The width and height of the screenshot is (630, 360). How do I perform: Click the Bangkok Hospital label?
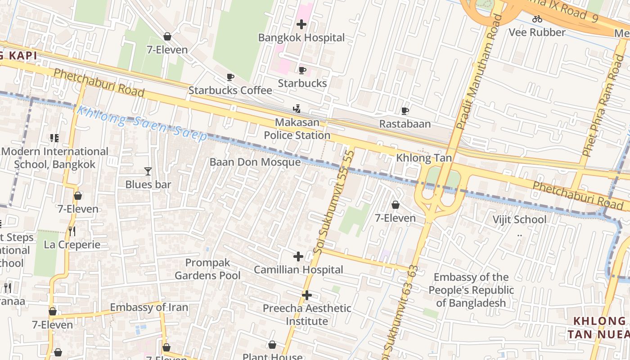coord(301,38)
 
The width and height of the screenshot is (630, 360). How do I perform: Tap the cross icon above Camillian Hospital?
coord(298,257)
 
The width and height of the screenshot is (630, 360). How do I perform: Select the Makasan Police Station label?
coord(297,129)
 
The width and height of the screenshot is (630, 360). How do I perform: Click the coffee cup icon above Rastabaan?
coord(405,111)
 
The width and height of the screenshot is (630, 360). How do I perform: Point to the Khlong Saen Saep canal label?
coord(142,123)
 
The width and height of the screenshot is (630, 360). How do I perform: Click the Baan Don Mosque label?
coord(255,162)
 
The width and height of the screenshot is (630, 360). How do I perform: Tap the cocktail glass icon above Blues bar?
coord(148,171)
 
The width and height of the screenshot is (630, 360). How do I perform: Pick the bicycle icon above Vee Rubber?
coord(537,19)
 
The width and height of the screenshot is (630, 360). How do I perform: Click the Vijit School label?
coord(519,220)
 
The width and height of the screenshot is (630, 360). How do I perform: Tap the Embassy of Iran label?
coord(149,308)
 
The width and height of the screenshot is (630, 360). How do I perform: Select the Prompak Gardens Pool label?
coord(207,269)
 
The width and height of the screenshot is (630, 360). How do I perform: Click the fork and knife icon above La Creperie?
coord(72,231)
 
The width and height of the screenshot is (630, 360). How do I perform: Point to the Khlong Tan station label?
coord(423,158)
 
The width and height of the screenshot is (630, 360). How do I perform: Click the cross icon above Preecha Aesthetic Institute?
coord(307,295)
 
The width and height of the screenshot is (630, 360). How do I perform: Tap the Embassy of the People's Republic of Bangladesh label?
coord(471,290)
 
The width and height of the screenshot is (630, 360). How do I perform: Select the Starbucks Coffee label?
coord(230,90)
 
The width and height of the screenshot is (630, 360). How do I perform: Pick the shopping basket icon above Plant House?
coord(272,345)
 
